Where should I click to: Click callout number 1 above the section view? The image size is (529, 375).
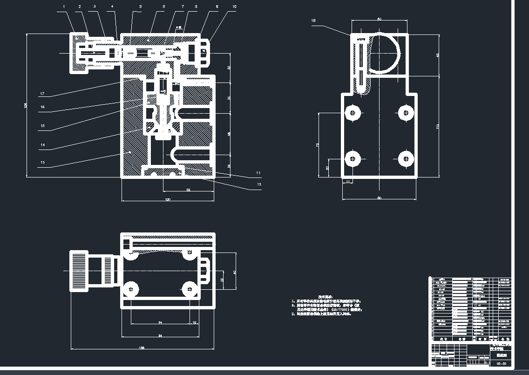64,7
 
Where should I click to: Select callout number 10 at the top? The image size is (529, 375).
234,7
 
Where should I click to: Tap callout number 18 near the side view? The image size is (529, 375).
313,21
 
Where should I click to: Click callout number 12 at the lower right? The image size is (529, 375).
259,184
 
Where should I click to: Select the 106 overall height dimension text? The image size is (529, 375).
26,105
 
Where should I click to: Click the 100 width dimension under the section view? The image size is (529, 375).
168,199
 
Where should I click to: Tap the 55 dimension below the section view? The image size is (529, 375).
189,190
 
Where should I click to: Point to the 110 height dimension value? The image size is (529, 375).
437,127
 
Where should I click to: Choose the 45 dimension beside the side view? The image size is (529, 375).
437,55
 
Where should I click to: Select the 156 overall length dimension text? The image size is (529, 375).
142,348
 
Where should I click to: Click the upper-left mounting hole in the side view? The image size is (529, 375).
354,112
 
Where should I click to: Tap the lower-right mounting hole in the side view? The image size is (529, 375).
406,159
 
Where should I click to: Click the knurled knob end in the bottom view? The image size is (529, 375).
79,271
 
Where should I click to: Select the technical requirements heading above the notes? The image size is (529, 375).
325,296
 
